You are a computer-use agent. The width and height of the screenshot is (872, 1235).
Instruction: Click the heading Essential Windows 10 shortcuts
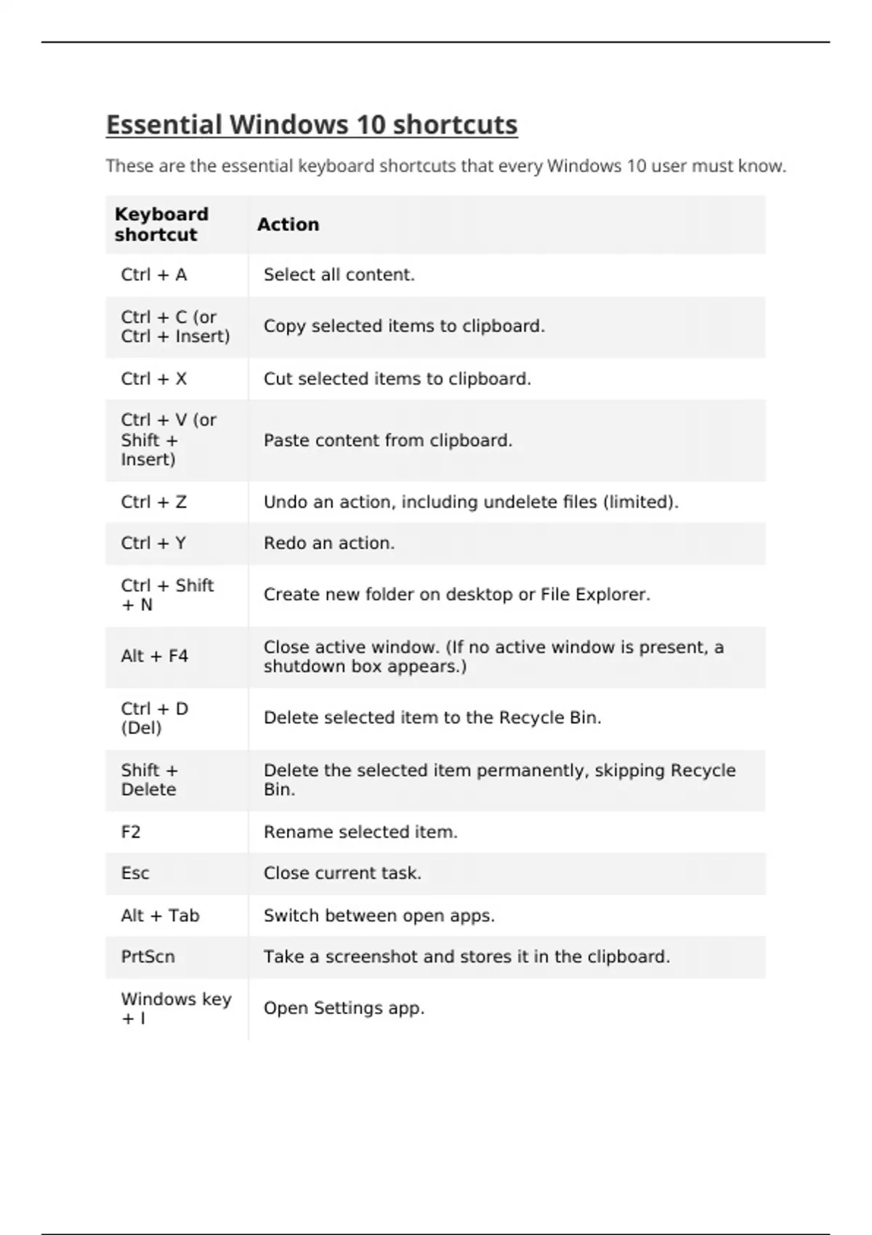[x=312, y=125]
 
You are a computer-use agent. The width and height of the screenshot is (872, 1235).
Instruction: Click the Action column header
[x=288, y=224]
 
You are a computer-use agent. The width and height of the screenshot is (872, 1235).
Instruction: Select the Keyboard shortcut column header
[x=161, y=224]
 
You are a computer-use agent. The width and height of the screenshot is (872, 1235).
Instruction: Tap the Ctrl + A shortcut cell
[x=154, y=275]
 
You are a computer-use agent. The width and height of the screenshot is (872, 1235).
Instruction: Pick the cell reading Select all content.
[x=339, y=275]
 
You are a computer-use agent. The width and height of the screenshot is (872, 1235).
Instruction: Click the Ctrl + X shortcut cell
[x=154, y=378]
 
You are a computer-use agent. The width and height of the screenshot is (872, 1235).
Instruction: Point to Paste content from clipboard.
[x=387, y=440]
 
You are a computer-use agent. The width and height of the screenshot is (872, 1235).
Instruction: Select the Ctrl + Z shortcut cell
[x=154, y=502]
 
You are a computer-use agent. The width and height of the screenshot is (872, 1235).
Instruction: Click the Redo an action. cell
[x=328, y=543]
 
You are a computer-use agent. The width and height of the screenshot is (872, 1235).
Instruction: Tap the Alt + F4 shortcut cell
[x=155, y=656]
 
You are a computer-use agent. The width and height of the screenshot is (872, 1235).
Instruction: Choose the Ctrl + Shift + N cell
[x=167, y=595]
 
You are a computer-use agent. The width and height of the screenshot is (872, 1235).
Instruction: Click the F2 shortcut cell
[x=131, y=832]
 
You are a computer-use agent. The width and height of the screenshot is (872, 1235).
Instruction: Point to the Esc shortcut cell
[x=135, y=873]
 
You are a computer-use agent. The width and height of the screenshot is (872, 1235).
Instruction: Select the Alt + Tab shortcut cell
[x=160, y=915]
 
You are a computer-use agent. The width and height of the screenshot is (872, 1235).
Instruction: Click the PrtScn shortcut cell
[x=148, y=957]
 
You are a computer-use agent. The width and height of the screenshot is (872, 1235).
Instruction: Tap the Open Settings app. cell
[x=344, y=1008]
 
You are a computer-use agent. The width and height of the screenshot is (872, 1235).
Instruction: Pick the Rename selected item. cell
[x=360, y=832]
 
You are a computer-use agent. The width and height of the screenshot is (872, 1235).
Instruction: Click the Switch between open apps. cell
[x=379, y=915]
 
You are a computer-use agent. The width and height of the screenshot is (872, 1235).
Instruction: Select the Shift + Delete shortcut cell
[x=149, y=780]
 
